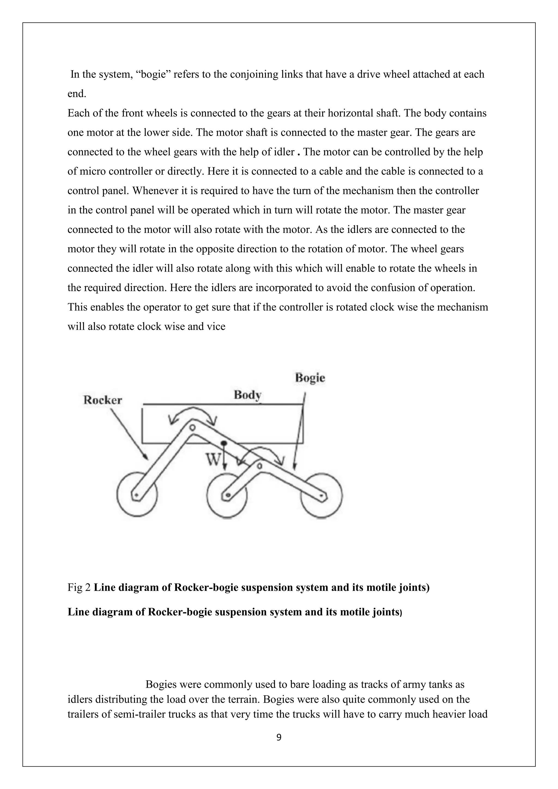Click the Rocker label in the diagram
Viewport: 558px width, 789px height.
pos(103,400)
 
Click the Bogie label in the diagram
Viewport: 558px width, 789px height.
pos(310,378)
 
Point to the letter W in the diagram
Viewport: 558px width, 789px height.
pos(212,459)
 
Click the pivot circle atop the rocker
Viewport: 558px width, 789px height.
pos(192,427)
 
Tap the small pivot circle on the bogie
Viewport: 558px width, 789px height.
pos(260,466)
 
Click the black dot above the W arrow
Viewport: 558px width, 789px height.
pos(224,443)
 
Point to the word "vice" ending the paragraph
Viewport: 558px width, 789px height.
pos(217,326)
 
